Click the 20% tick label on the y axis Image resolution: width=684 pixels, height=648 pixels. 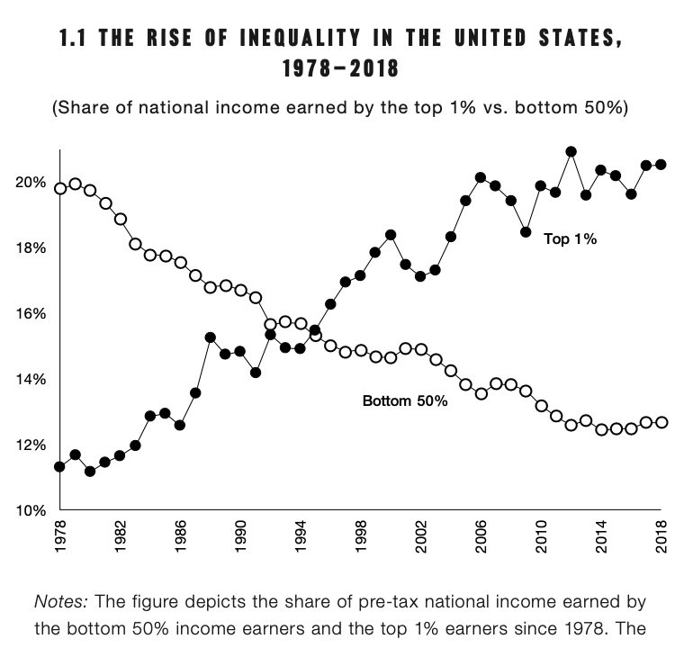31,183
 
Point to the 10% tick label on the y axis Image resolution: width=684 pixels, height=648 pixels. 31,510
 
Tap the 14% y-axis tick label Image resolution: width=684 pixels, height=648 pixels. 31,379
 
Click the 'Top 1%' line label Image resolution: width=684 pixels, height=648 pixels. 571,240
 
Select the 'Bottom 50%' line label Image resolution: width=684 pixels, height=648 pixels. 405,400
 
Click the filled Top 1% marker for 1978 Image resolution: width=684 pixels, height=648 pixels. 59,466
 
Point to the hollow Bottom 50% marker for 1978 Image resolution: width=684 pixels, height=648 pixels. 59,188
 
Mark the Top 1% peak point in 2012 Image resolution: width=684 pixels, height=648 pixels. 571,151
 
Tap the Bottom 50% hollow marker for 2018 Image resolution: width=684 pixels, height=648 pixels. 661,422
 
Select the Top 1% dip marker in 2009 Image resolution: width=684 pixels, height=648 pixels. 526,232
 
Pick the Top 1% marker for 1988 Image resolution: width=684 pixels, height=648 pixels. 211,337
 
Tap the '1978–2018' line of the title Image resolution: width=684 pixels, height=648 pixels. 341,69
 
